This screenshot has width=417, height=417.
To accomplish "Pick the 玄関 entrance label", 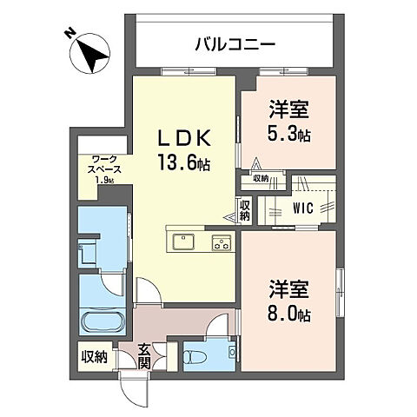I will point(143,355).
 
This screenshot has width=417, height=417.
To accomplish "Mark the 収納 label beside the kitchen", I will point(244,209).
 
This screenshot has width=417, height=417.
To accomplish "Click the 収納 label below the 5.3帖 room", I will point(261,178).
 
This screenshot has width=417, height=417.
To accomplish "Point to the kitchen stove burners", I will point(221,242).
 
